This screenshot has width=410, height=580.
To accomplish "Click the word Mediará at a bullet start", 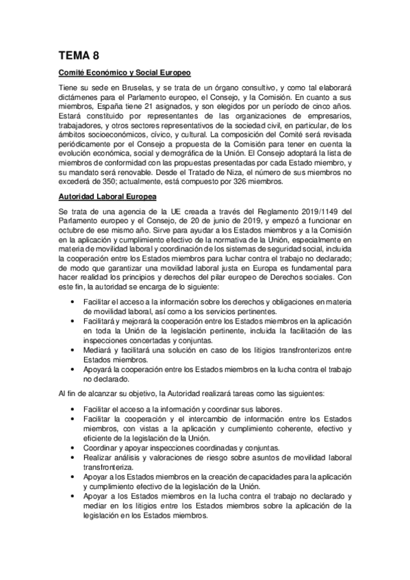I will point(97,349).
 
